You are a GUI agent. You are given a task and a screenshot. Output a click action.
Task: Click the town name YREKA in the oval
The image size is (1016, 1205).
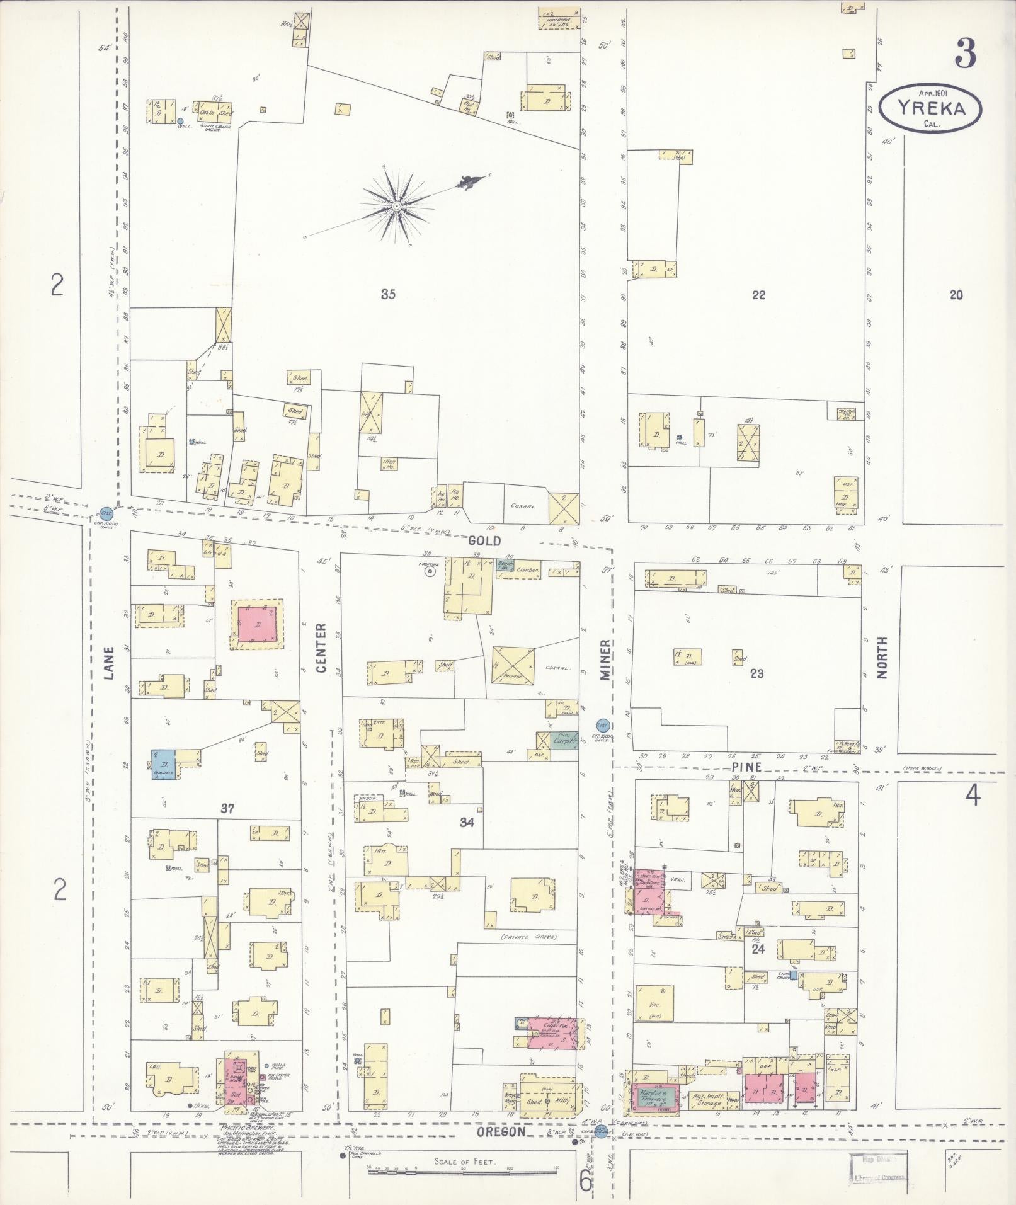click(x=930, y=108)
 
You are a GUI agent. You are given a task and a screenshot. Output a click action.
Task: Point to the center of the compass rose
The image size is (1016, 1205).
click(x=397, y=206)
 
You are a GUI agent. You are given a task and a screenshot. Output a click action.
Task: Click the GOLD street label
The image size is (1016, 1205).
click(x=484, y=540)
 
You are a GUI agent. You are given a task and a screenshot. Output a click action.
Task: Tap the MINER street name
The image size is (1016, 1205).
click(x=605, y=660)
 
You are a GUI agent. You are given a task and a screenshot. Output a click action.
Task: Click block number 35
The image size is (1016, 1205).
click(x=388, y=294)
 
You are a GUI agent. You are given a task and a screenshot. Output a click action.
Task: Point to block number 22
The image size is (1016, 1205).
click(x=758, y=294)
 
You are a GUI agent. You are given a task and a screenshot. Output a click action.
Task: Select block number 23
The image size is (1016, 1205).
click(x=756, y=673)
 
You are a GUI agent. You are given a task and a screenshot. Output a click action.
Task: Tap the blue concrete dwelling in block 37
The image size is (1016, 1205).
click(x=163, y=764)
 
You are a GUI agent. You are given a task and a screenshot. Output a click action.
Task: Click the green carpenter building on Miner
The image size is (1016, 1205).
click(x=564, y=741)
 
